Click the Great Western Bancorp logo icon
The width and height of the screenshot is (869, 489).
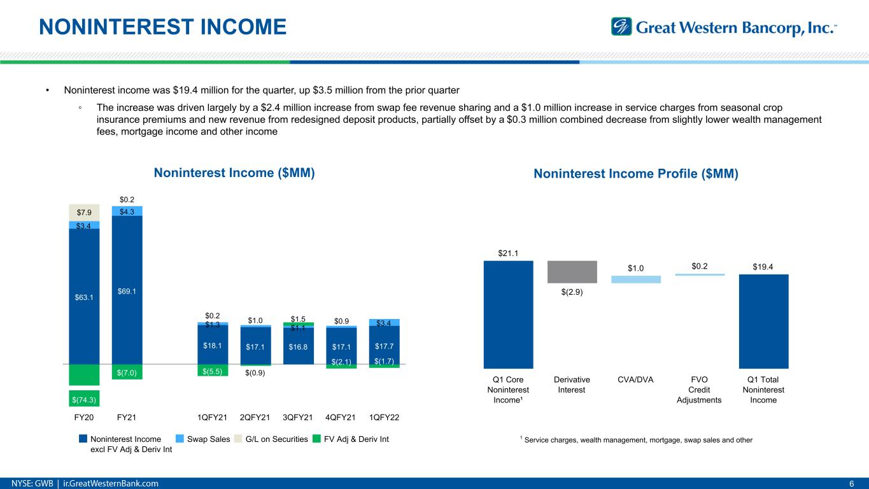620,27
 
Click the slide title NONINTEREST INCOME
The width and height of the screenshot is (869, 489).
162,27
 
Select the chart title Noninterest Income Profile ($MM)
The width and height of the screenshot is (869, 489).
635,174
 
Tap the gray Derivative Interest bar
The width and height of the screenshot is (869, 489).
572,272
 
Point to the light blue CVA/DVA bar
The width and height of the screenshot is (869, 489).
635,280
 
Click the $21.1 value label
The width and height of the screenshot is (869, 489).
508,253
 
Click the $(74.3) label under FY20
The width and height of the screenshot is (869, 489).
84,399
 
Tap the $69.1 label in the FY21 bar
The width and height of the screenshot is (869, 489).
127,291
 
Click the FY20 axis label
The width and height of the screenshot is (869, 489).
84,417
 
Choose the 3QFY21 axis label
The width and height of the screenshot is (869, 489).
298,417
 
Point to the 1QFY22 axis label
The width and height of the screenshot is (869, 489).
385,417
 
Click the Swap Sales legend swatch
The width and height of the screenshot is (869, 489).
180,439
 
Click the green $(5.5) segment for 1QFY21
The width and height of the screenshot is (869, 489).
213,371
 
